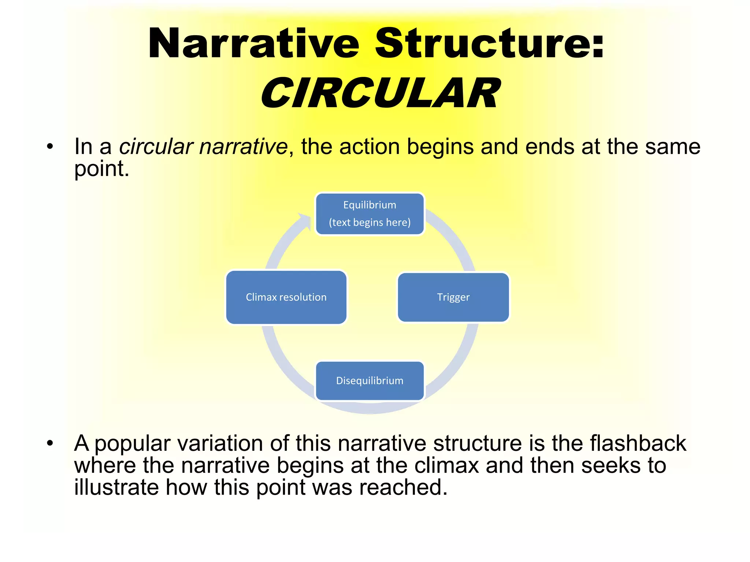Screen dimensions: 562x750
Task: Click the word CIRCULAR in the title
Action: point(381,93)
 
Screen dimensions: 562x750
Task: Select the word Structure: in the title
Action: point(489,44)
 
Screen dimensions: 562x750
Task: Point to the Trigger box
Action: point(453,297)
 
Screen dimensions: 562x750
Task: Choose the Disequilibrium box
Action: point(370,381)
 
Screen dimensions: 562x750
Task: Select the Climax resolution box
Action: point(286,297)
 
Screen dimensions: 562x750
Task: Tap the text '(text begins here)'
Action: point(370,222)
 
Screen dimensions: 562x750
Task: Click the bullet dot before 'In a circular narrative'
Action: point(50,147)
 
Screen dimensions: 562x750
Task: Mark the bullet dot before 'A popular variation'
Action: point(50,443)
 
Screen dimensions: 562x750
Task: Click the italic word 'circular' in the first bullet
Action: point(156,147)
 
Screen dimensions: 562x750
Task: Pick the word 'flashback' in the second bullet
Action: point(638,443)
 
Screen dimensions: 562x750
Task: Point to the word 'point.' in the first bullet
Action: point(102,169)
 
